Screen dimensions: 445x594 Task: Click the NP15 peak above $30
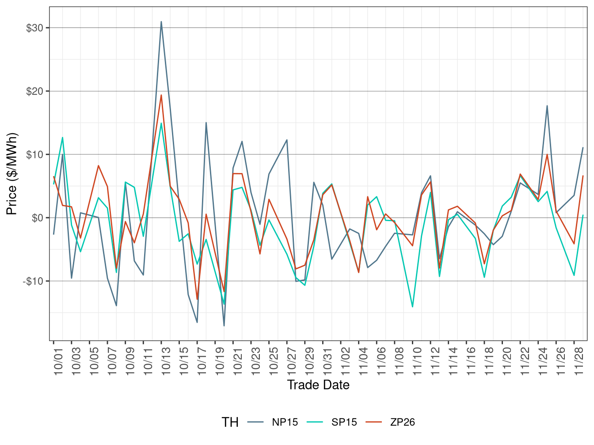(161, 22)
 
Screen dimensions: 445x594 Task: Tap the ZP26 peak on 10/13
(161, 95)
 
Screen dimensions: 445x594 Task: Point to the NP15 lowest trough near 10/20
(224, 326)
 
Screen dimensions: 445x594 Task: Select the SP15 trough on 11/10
(412, 307)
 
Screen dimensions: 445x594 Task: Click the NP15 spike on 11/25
(547, 106)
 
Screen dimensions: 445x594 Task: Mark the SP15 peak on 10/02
(63, 137)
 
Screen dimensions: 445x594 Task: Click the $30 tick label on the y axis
(34, 28)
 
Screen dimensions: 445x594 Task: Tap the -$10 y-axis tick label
(33, 281)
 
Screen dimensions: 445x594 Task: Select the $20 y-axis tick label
(34, 91)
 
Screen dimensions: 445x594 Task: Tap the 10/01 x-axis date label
(58, 362)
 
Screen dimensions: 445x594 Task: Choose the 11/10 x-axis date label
(416, 362)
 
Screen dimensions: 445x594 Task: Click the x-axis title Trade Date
(318, 385)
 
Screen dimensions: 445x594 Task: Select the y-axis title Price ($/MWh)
(12, 173)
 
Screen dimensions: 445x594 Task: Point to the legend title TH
(230, 422)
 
